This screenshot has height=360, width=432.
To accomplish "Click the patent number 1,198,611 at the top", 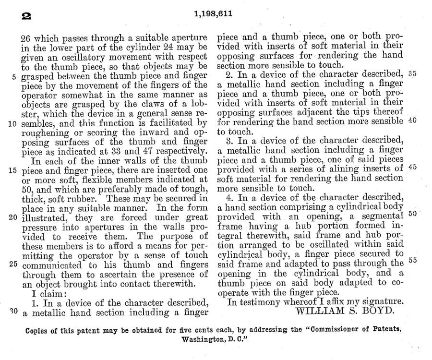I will (x=214, y=13).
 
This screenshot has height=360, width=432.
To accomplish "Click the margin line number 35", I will (x=411, y=74).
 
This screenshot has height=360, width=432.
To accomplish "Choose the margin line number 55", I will (x=411, y=261).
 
